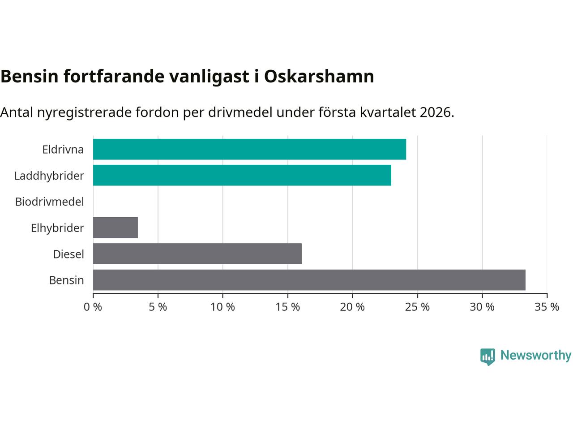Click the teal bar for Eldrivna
click(249, 149)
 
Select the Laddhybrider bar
click(242, 175)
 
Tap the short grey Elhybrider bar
click(115, 228)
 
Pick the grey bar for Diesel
click(197, 254)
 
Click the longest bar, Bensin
click(309, 280)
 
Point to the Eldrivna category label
click(63, 150)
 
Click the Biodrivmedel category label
click(50, 202)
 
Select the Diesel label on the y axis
click(68, 254)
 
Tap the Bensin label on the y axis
click(67, 280)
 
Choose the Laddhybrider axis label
click(49, 176)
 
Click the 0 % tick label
click(93, 307)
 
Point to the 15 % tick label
click(288, 307)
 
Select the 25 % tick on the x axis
click(418, 307)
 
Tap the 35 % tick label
click(547, 307)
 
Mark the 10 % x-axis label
click(223, 307)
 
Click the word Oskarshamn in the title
click(319, 77)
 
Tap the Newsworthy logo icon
click(487, 357)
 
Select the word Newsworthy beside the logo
click(536, 356)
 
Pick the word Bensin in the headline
click(30, 77)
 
